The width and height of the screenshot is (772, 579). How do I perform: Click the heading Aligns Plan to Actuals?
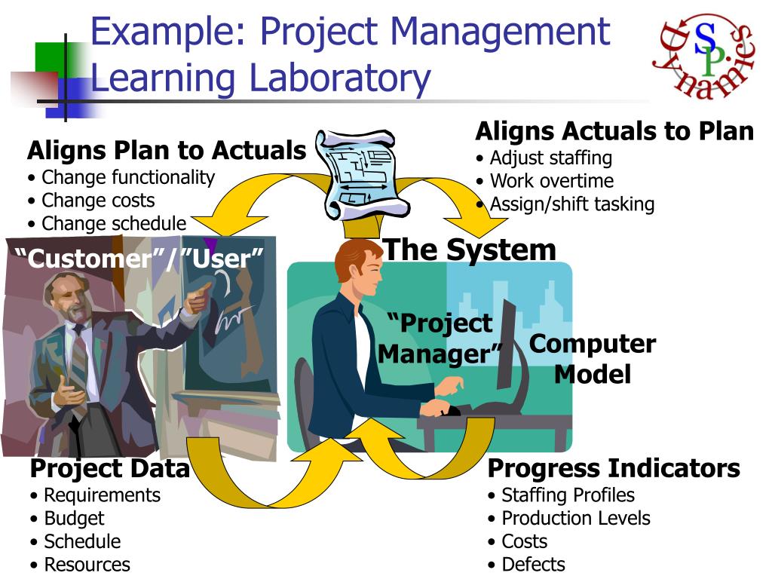coord(167,151)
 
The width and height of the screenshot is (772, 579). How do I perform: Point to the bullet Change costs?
coord(98,201)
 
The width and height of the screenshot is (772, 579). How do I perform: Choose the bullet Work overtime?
coord(551,181)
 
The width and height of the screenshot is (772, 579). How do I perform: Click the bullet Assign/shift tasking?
coord(571,204)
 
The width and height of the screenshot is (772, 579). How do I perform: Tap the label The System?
coord(470,250)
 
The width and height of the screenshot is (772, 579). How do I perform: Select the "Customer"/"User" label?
coord(140,259)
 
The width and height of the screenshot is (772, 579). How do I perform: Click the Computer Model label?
coord(592,359)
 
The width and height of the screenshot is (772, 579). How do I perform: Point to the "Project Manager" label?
coord(440,338)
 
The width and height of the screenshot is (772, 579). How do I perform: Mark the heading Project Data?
coord(109,469)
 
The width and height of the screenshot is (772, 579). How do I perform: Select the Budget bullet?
coord(74,519)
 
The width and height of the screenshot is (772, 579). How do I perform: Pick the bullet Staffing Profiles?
coord(568,495)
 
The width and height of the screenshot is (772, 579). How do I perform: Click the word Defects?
coord(533,565)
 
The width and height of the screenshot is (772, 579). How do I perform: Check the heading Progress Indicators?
coord(614,469)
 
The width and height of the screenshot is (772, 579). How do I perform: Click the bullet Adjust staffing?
coord(550,158)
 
